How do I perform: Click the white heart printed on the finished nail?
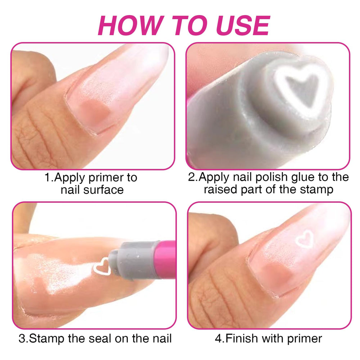pyautogui.click(x=305, y=240)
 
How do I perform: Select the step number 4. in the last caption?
pyautogui.click(x=220, y=339)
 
